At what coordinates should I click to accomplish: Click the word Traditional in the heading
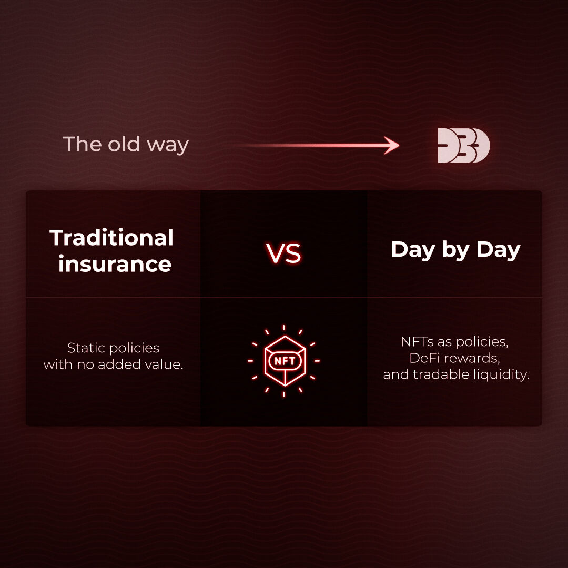coord(111,238)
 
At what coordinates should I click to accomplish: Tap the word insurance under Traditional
coord(115,263)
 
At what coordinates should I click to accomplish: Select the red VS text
coord(283,253)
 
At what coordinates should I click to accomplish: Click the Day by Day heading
coord(455,250)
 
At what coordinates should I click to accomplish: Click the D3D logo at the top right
coord(463,146)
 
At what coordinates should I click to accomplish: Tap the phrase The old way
coord(126,144)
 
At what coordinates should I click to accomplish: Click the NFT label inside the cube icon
coord(284,361)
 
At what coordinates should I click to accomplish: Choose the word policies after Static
coord(135,348)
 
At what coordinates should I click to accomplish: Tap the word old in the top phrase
coord(126,144)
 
